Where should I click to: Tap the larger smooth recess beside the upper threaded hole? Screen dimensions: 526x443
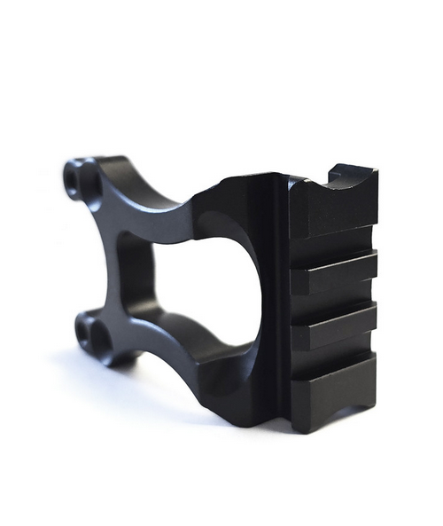(x=89, y=182)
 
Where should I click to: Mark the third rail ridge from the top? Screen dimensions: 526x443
(x=333, y=327)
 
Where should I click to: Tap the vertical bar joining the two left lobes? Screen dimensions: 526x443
(x=111, y=257)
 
